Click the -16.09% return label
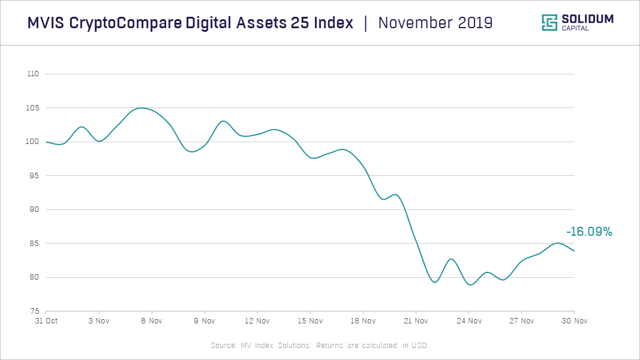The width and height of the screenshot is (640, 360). (x=588, y=232)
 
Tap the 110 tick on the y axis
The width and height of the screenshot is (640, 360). (x=33, y=74)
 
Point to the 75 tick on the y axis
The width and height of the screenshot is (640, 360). (x=34, y=311)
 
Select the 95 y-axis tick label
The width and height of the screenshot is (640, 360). (x=34, y=176)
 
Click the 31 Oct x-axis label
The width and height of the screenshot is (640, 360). (x=46, y=321)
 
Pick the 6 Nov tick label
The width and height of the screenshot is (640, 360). (x=152, y=321)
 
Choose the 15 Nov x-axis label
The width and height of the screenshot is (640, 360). (x=310, y=321)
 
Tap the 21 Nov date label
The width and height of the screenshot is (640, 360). (x=416, y=321)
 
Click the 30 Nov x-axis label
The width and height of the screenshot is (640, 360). (x=575, y=321)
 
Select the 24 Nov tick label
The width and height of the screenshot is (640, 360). (x=468, y=321)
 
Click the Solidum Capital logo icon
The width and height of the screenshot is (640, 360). (x=549, y=23)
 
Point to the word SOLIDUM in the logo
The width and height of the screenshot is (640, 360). (x=587, y=19)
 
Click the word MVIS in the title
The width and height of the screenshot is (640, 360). (x=46, y=23)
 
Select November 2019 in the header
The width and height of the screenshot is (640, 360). (x=435, y=23)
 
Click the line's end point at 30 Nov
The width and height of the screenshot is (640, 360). (x=574, y=251)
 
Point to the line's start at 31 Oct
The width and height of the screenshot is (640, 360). (x=46, y=142)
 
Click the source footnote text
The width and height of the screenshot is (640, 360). (x=320, y=346)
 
